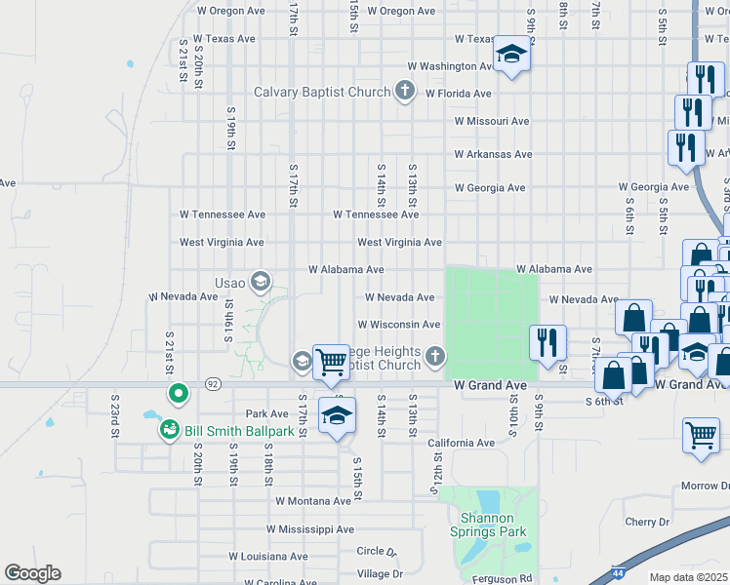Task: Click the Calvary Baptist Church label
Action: pyautogui.click(x=322, y=93)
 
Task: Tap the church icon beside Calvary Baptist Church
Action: pyautogui.click(x=405, y=93)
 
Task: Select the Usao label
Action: pyautogui.click(x=230, y=283)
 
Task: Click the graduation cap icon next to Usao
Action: pyautogui.click(x=261, y=283)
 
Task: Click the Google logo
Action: pyautogui.click(x=32, y=572)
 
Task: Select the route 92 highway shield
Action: pyautogui.click(x=213, y=385)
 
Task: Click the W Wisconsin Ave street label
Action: pyautogui.click(x=399, y=325)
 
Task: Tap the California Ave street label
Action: pyautogui.click(x=462, y=443)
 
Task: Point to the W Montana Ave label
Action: pyautogui.click(x=312, y=501)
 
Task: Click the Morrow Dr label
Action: pyautogui.click(x=699, y=486)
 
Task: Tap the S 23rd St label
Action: pyautogui.click(x=115, y=410)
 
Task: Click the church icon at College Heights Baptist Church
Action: pyautogui.click(x=435, y=359)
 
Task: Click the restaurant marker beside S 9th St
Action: pyautogui.click(x=547, y=341)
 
